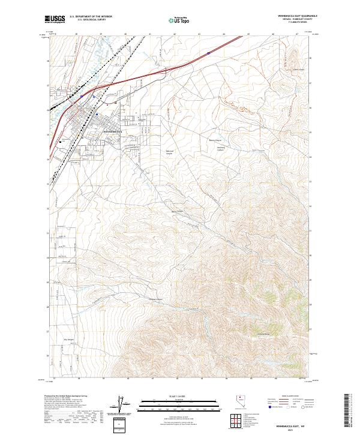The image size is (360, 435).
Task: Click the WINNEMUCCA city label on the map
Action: (x=112, y=131)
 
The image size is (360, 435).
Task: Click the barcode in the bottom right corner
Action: (x=347, y=410)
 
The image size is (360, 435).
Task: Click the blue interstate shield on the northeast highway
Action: (x=208, y=53)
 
